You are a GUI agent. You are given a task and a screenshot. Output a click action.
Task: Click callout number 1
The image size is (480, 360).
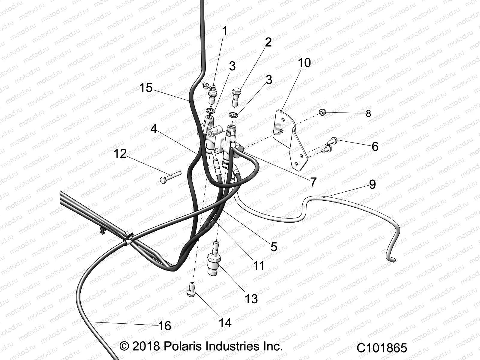tap(225, 31)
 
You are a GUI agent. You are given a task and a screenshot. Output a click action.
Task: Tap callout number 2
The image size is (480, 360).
tap(268, 42)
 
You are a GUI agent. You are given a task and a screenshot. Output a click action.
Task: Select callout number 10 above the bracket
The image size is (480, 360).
tap(304, 63)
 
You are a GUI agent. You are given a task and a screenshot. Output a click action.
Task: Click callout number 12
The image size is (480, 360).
tap(120, 154)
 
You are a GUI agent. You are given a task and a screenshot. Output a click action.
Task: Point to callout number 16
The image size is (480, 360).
tap(164, 326)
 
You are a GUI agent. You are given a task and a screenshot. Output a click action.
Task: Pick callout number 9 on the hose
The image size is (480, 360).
tap(372, 184)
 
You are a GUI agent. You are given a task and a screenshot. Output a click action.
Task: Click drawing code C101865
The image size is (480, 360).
tap(382, 348)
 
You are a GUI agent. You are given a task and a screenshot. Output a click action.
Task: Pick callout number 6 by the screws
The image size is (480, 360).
tap(375, 147)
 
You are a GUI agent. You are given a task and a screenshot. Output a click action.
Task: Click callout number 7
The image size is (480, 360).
tap(313, 182)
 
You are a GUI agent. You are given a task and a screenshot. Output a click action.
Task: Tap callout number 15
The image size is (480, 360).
tap(146, 88)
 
